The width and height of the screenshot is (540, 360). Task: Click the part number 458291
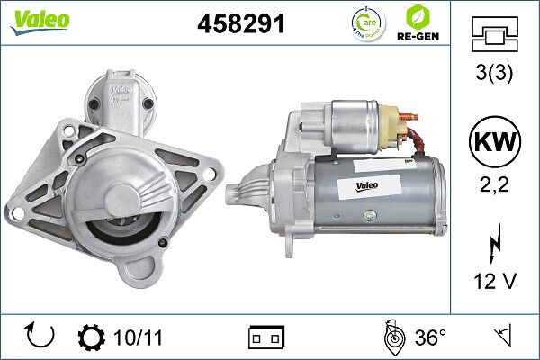pos(240,25)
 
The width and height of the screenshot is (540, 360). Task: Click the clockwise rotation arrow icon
pos(41,337)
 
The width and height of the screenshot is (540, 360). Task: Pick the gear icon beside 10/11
pos(92,337)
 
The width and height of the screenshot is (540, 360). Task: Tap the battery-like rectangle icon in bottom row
pos(266,337)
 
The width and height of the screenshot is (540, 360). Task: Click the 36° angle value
pos(430,337)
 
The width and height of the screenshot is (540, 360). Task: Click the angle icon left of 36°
pos(392,337)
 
